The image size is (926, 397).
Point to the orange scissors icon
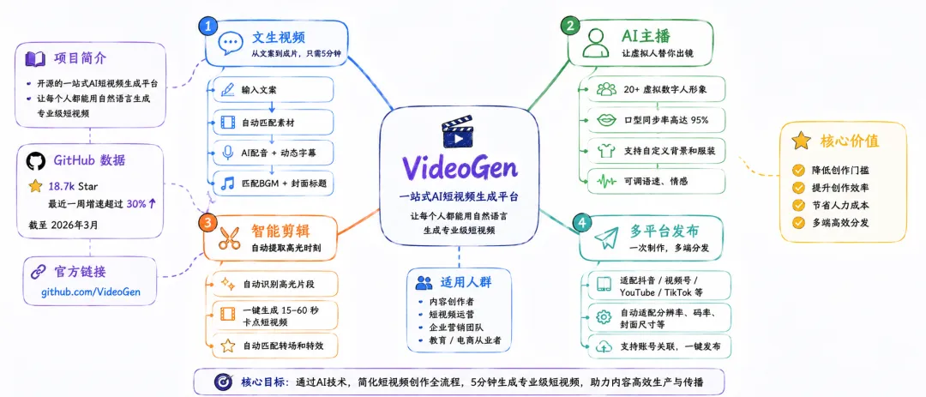click(x=230, y=237)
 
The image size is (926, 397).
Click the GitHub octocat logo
click(x=35, y=161)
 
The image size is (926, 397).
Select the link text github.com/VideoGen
click(x=91, y=292)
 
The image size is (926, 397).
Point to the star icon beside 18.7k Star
click(x=35, y=186)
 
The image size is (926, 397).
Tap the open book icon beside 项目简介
click(x=34, y=59)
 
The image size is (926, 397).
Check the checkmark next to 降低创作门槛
click(x=798, y=170)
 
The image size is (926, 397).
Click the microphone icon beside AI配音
click(x=226, y=153)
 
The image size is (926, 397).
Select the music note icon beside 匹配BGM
click(x=226, y=183)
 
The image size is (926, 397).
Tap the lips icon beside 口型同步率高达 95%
click(x=606, y=121)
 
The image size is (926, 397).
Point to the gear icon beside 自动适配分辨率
click(x=604, y=317)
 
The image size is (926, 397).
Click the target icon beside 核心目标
click(x=224, y=382)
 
